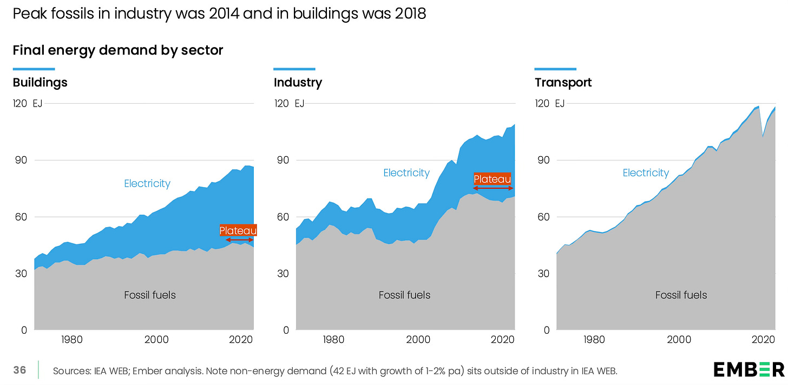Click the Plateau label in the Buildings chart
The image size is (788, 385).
click(238, 231)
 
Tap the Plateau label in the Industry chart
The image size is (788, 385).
click(492, 179)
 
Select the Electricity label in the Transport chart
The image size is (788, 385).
click(646, 173)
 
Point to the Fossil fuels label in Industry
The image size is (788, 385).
click(404, 295)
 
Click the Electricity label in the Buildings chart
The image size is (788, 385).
click(147, 183)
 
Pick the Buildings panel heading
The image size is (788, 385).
click(40, 83)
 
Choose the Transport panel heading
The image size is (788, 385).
click(563, 83)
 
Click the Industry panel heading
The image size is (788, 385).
click(298, 83)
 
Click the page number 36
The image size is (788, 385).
click(19, 370)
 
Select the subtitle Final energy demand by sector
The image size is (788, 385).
click(118, 50)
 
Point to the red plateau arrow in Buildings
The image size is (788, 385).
click(239, 240)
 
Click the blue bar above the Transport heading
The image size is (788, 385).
click(555, 69)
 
